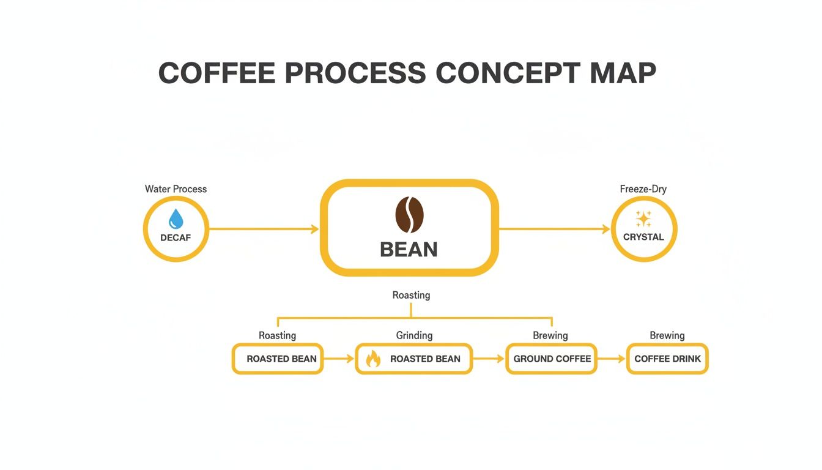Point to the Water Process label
(x=176, y=189)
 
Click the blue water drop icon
(x=176, y=218)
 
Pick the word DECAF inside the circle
(x=176, y=237)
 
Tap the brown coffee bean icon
(x=410, y=215)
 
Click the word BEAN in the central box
(x=409, y=249)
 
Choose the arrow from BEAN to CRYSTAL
(x=554, y=229)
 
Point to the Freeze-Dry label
(x=643, y=189)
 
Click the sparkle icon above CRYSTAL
(x=643, y=218)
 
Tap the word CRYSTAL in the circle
(x=643, y=237)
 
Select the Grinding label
(x=414, y=335)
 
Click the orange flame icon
(x=372, y=359)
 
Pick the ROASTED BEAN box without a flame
(x=278, y=359)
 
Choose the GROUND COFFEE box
(x=552, y=359)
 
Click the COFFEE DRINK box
(x=667, y=359)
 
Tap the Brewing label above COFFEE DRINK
(x=667, y=335)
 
